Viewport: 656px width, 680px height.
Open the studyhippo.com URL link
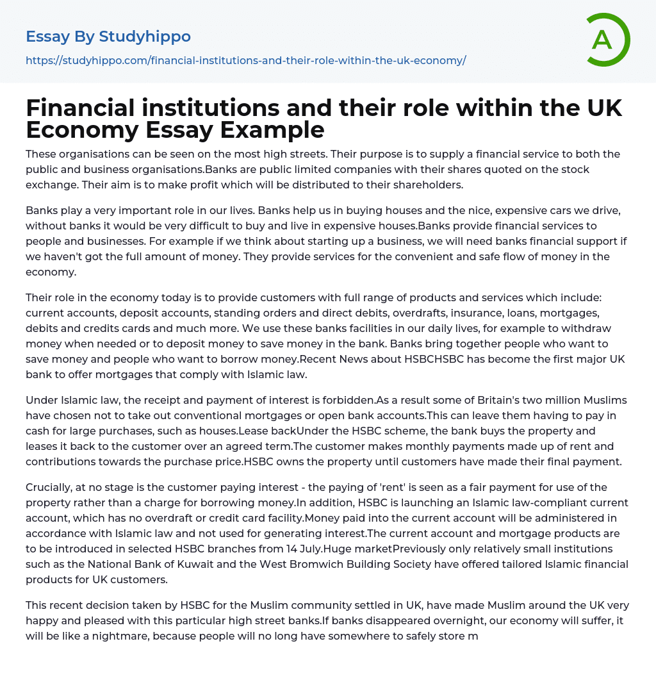tap(245, 60)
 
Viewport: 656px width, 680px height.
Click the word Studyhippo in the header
tap(145, 37)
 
